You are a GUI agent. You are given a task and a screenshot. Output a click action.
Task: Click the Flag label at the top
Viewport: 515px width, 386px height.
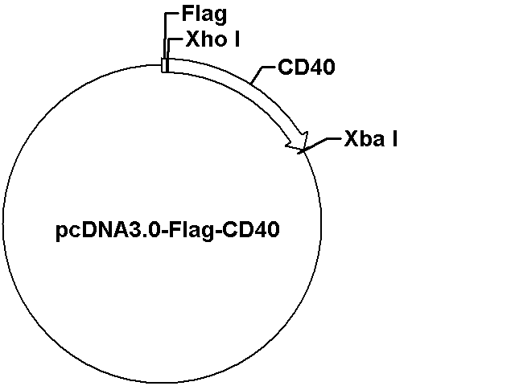(x=204, y=15)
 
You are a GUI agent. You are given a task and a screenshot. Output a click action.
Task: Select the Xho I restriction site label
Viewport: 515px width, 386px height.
(x=212, y=39)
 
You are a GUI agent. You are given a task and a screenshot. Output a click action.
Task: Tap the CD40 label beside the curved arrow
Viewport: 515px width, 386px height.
(x=307, y=67)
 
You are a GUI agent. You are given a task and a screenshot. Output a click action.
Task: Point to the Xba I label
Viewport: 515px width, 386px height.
(x=371, y=138)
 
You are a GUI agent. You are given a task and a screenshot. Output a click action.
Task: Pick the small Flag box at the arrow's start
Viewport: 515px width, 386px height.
(x=164, y=65)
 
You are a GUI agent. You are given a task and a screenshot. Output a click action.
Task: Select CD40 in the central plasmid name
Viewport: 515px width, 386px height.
(x=251, y=229)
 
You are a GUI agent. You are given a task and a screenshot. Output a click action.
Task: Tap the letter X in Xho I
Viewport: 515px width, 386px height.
(x=193, y=39)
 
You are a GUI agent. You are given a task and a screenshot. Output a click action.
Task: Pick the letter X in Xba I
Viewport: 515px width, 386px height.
(x=351, y=138)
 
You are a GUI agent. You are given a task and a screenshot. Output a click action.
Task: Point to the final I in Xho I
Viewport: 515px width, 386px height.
(x=237, y=39)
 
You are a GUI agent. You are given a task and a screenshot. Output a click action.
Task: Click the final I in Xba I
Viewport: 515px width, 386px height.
(x=395, y=138)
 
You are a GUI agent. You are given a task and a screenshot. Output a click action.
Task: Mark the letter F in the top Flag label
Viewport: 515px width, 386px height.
(x=187, y=14)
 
